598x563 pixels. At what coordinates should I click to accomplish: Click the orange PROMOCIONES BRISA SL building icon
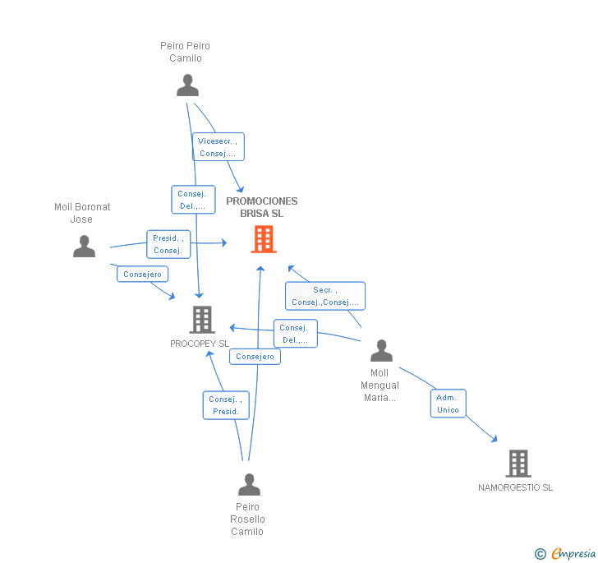tap(263, 239)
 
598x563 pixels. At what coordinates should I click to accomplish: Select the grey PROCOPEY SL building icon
tap(201, 319)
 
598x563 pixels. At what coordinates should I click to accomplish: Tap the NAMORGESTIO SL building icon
tap(517, 464)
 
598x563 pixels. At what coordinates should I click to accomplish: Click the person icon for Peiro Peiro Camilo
tap(187, 85)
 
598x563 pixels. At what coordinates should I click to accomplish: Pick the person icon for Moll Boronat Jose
tap(84, 246)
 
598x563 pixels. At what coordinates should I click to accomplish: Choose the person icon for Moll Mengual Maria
tap(381, 350)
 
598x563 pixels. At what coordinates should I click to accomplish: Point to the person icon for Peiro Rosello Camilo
tap(249, 484)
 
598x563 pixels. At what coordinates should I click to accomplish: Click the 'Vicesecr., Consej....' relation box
tap(218, 147)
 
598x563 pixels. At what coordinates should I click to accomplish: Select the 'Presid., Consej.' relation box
tap(168, 244)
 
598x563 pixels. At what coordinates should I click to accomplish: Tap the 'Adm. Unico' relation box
tap(448, 404)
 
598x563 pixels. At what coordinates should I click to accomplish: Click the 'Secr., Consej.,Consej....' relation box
tap(324, 296)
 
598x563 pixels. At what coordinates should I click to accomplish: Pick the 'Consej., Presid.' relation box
tap(226, 405)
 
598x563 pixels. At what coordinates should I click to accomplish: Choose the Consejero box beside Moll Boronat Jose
tap(143, 275)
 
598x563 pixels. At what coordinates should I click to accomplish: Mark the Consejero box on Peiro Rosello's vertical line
tap(255, 357)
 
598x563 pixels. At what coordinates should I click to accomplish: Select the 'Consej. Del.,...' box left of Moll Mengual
tap(294, 334)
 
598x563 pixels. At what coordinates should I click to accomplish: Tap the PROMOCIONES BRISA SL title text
tap(262, 207)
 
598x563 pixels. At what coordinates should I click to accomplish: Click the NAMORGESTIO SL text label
tap(515, 487)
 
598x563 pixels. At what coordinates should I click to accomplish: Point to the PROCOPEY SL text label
tap(200, 344)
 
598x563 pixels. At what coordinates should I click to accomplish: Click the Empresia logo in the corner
tap(565, 554)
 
